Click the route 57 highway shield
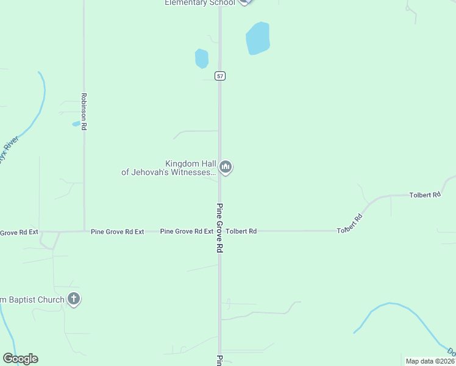(220, 76)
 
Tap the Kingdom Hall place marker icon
(226, 167)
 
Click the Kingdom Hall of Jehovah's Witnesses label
(168, 168)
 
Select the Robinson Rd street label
(84, 111)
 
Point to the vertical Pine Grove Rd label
(220, 228)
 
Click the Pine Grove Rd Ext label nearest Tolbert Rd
(187, 232)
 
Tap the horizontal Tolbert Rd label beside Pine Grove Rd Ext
(241, 232)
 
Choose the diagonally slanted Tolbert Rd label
(350, 223)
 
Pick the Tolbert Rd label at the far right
(425, 195)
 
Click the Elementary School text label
(199, 3)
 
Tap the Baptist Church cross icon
(74, 299)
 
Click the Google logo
(20, 359)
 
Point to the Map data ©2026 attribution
(429, 361)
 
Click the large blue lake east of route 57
(257, 38)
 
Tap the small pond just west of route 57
(201, 59)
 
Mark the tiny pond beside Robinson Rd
(76, 124)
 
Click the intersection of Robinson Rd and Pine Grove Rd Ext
(84, 231)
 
